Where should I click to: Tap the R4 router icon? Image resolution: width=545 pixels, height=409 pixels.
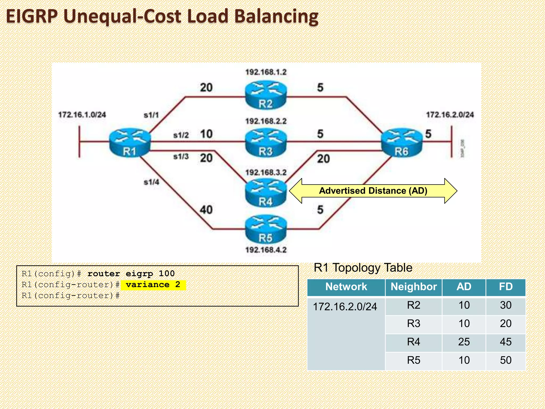[x=266, y=193]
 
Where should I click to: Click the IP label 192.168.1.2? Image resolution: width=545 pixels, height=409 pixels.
[x=266, y=72]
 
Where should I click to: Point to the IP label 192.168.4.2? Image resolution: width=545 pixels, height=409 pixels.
[x=266, y=250]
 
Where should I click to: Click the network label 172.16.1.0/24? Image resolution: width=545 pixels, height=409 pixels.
[x=82, y=115]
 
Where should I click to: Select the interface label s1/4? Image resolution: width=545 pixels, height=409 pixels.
[x=151, y=182]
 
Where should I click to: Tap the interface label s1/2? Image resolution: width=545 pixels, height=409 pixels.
[x=181, y=135]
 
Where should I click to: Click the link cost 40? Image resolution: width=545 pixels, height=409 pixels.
[x=206, y=210]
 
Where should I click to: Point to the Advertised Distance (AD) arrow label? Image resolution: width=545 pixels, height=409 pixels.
[x=373, y=191]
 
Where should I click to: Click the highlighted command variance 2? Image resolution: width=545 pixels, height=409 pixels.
[x=153, y=285]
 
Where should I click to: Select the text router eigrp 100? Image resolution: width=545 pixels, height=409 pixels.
[x=131, y=273]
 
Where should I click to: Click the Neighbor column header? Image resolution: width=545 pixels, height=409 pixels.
[x=414, y=287]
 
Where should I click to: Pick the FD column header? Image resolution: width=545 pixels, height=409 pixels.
[x=506, y=287]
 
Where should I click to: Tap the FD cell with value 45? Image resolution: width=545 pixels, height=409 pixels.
[x=506, y=342]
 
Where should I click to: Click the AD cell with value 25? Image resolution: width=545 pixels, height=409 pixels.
[x=464, y=342]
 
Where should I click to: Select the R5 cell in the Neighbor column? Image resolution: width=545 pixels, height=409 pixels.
[x=414, y=360]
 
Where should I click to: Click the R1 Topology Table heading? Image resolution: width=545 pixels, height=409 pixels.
[x=363, y=268]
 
